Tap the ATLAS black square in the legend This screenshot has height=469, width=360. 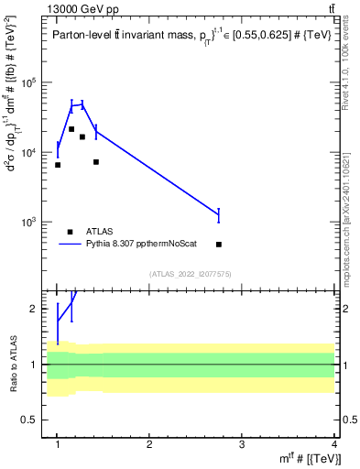[71, 232]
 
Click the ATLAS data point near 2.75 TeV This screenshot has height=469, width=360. [219, 245]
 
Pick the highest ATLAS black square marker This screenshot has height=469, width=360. [71, 129]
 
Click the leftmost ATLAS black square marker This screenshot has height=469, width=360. [58, 165]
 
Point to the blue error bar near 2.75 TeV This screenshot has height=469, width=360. [219, 215]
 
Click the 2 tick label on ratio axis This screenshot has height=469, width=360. [38, 309]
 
